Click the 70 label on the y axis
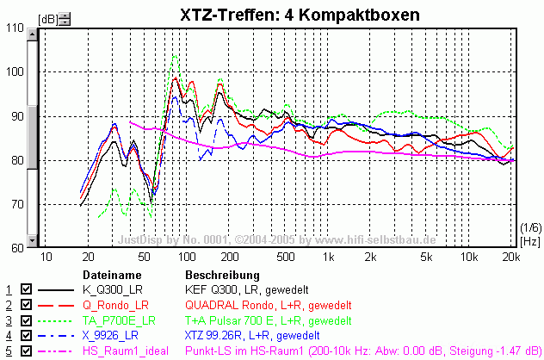point(17,204)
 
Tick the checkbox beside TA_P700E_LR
point(26,320)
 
